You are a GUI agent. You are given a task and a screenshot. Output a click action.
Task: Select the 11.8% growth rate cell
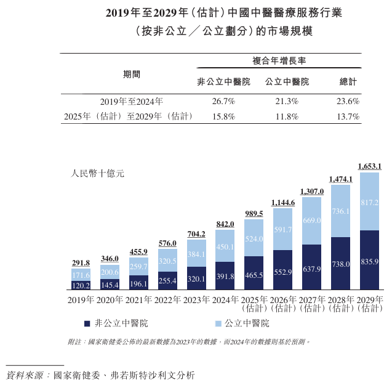pyautogui.click(x=286, y=116)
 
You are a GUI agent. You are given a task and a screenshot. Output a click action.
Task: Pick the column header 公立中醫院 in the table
pyautogui.click(x=286, y=82)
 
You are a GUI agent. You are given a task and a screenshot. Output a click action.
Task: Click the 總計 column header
pyautogui.click(x=348, y=82)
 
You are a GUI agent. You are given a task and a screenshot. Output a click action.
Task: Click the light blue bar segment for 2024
pyautogui.click(x=225, y=246)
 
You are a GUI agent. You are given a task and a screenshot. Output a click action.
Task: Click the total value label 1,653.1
pyautogui.click(x=369, y=166)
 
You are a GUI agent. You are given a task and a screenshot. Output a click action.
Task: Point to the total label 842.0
pyautogui.click(x=225, y=224)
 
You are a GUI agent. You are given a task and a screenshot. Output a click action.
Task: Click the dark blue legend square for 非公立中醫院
pyautogui.click(x=87, y=323)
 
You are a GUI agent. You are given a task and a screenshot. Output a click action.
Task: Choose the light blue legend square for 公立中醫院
pyautogui.click(x=218, y=323)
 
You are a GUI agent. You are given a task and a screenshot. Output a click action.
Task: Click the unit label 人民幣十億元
pyautogui.click(x=98, y=174)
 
